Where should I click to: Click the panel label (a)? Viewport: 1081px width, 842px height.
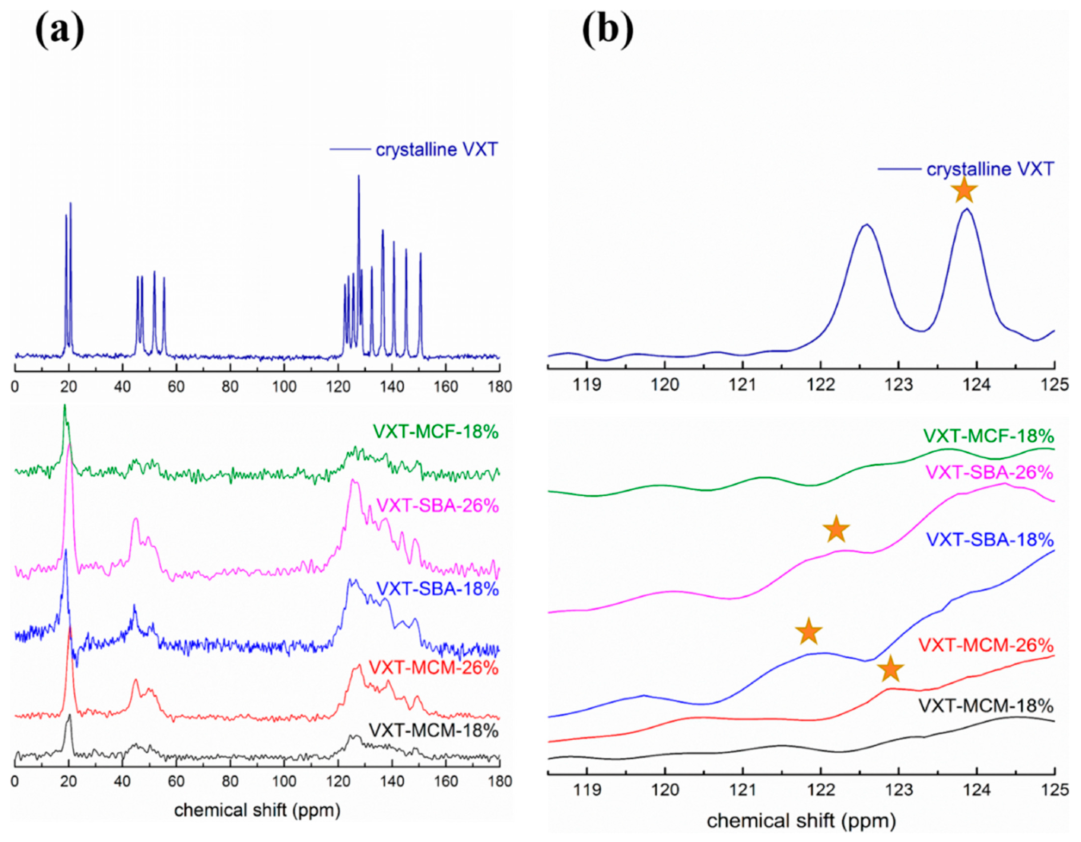tap(59, 31)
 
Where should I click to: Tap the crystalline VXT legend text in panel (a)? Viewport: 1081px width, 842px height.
tap(437, 149)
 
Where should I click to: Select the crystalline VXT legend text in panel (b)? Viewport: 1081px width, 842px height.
tap(990, 169)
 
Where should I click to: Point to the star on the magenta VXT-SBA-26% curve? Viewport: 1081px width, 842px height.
tap(836, 529)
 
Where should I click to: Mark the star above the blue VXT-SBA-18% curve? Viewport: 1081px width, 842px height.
tap(808, 632)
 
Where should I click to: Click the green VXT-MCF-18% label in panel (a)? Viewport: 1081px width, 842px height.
tap(436, 432)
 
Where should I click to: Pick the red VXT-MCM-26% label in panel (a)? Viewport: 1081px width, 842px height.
tap(434, 668)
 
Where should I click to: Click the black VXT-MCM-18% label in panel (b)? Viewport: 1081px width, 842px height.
tap(986, 705)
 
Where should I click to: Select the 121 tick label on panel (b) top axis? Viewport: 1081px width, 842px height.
tap(743, 384)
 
